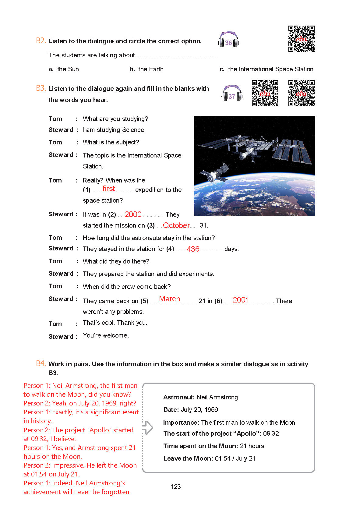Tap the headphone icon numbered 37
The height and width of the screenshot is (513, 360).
[232, 94]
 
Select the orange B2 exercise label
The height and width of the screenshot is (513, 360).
[41, 41]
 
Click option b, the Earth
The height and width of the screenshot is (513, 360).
[146, 69]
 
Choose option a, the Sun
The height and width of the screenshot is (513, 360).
[64, 69]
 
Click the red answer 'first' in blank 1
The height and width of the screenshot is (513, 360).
[109, 189]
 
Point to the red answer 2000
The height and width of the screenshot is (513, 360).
[133, 214]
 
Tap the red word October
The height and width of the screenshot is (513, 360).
[176, 225]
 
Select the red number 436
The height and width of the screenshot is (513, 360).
[193, 249]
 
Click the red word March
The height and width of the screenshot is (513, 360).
[170, 299]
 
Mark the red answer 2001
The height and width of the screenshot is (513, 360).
[241, 300]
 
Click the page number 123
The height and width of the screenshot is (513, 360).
[176, 487]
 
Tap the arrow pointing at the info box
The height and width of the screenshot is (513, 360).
[148, 427]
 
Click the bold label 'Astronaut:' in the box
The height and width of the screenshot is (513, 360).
[179, 397]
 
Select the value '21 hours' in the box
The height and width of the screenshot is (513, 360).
[252, 446]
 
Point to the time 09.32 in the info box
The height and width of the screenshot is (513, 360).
[271, 433]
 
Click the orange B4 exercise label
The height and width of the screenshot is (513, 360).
[41, 363]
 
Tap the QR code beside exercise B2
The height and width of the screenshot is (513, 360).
[301, 39]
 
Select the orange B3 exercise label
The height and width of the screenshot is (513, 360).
[41, 88]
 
